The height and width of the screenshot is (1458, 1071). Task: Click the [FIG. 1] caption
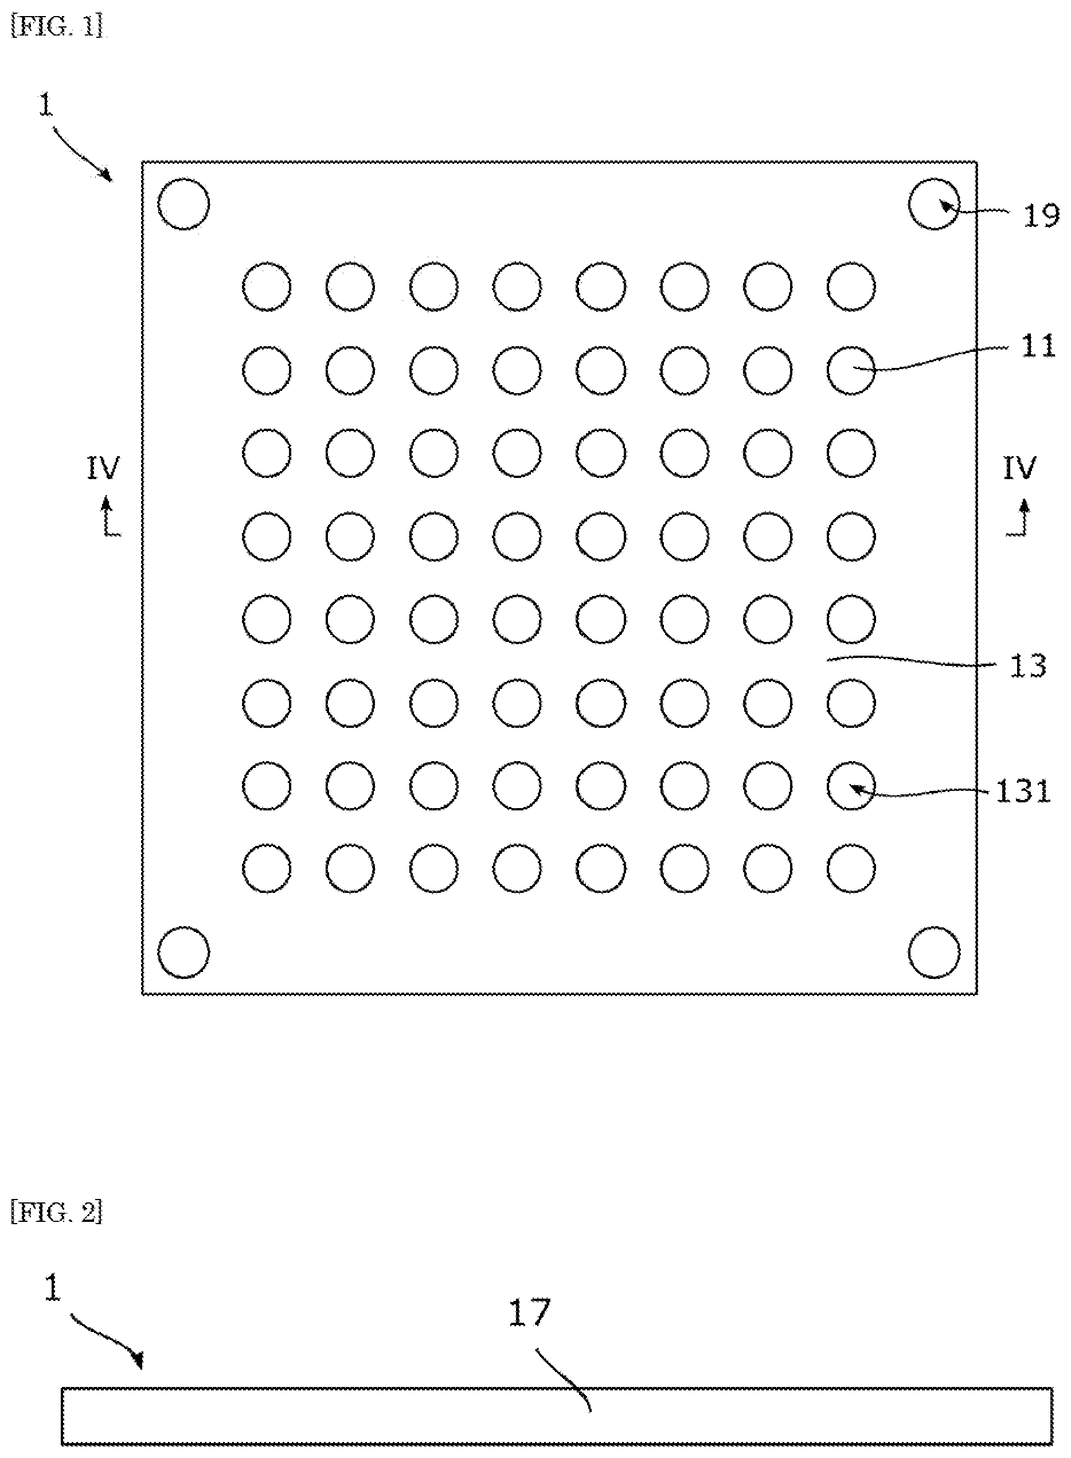(x=57, y=26)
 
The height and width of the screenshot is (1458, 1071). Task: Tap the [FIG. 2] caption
(x=57, y=1212)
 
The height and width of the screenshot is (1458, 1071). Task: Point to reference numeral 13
(x=1028, y=666)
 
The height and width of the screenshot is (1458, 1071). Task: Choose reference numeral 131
(x=1023, y=791)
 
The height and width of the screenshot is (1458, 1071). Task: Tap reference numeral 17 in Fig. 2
(x=530, y=1312)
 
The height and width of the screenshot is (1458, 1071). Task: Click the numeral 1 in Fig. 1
(x=45, y=105)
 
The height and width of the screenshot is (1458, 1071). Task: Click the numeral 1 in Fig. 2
(x=51, y=1288)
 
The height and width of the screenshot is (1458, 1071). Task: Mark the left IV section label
(x=104, y=468)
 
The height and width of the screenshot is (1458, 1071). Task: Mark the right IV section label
(x=1020, y=468)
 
